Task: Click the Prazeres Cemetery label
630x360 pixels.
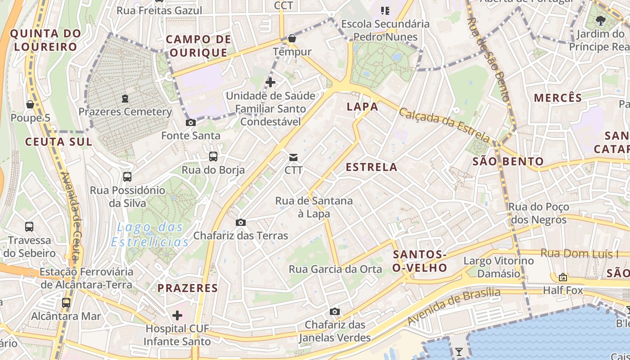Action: click(125, 112)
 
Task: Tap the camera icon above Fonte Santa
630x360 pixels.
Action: click(191, 122)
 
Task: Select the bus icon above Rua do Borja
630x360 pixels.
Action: click(213, 157)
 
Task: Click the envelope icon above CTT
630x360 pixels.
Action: click(293, 157)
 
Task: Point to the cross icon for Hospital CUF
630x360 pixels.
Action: click(177, 315)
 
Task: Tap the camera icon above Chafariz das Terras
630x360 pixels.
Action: click(241, 222)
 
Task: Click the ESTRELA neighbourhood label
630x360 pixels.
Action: click(371, 167)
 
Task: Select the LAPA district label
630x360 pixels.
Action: click(362, 107)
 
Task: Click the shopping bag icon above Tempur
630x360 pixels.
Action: click(292, 38)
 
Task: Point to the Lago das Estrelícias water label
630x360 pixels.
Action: click(150, 234)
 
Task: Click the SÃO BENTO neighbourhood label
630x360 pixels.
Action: click(508, 162)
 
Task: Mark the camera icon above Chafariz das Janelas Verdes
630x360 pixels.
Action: click(334, 311)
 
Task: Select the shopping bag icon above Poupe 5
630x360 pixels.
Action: click(30, 104)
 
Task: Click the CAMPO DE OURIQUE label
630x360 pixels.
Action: click(198, 46)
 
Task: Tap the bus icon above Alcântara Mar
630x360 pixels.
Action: click(66, 302)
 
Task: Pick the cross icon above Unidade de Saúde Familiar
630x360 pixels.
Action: click(270, 82)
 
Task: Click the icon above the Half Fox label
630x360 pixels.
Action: click(562, 277)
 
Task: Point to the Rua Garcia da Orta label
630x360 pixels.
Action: click(335, 269)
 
